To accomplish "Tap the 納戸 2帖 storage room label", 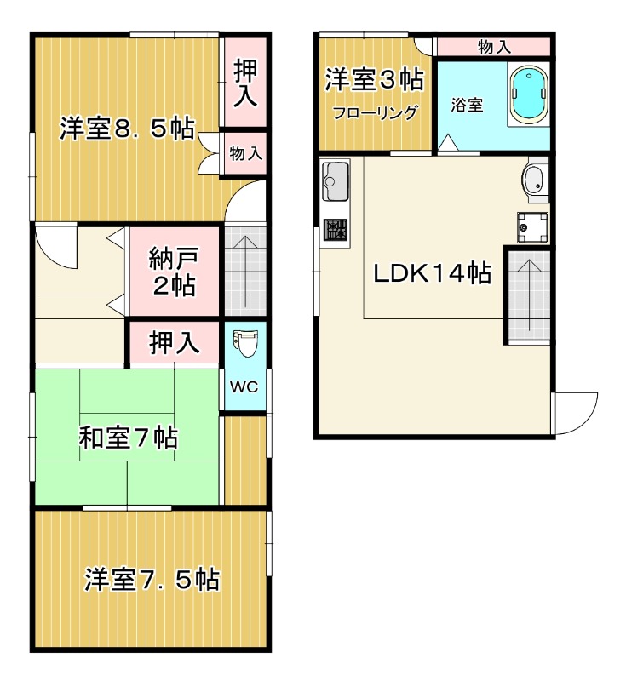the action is click(x=175, y=272).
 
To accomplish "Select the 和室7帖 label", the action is click(x=128, y=438).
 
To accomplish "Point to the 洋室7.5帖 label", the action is click(x=152, y=579).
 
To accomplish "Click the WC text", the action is click(x=244, y=387).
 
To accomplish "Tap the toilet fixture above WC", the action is click(x=245, y=343).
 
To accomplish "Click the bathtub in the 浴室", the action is click(x=529, y=94).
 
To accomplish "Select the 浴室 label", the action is click(x=467, y=105).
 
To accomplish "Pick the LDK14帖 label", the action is click(x=433, y=273).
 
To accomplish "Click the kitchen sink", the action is click(x=335, y=181).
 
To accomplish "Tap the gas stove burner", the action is click(x=336, y=229).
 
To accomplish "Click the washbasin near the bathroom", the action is click(x=535, y=181).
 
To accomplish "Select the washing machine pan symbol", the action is click(x=532, y=226).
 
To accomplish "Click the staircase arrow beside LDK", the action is click(x=529, y=295).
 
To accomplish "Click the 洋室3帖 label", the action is click(x=375, y=79).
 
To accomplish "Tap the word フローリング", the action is click(x=375, y=113).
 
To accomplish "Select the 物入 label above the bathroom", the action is click(x=495, y=47).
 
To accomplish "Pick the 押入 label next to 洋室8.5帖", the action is click(x=245, y=83).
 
